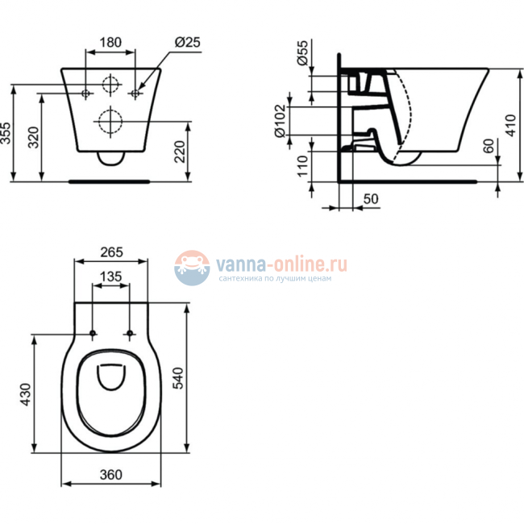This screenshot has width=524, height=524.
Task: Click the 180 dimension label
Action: tap(110, 42)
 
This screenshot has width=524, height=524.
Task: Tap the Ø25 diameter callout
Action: tap(186, 42)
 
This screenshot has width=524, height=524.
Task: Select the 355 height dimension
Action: tap(7, 132)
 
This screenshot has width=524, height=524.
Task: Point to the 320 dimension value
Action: tap(33, 138)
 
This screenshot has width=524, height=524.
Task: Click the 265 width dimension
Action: tap(110, 252)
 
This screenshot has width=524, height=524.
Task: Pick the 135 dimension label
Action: tap(110, 277)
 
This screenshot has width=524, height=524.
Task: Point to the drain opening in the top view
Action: tap(110, 376)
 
